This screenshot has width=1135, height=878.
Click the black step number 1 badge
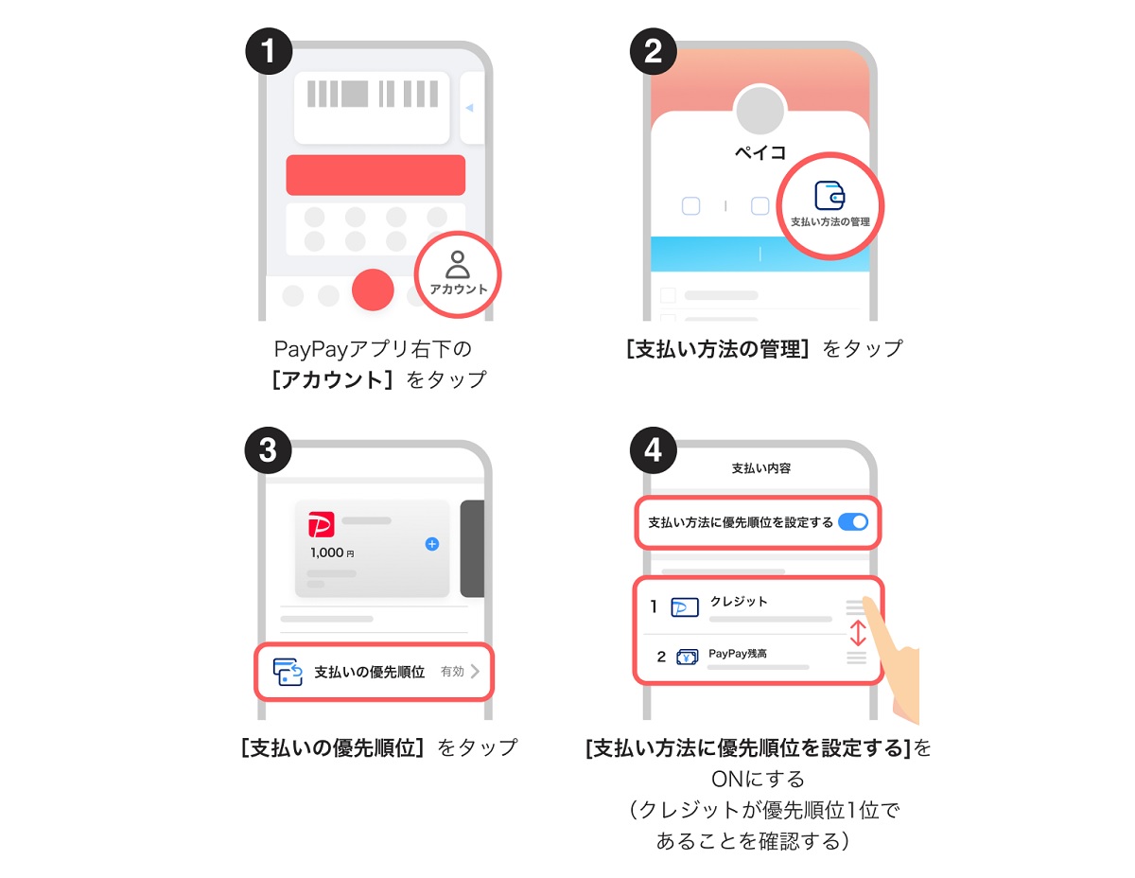269,51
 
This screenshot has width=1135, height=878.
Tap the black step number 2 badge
653,51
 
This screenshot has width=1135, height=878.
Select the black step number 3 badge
268,450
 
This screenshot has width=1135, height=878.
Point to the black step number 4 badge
653,450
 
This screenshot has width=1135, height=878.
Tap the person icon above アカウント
458,265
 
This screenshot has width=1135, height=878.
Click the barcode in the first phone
372,94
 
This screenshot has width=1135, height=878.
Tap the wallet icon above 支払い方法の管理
829,195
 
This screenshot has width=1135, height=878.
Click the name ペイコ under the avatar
760,152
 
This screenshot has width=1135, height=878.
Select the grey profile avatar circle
760,110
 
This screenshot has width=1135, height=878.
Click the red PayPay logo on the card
322,524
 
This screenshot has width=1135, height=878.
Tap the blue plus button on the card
432,544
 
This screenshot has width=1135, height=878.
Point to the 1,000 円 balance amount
332,553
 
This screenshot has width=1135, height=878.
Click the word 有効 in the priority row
452,671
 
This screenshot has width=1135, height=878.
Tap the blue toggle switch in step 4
853,522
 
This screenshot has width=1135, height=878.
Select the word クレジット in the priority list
739,601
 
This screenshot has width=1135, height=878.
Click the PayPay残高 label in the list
738,654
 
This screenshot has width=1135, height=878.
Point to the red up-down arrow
858,633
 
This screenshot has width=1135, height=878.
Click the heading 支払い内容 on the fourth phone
761,468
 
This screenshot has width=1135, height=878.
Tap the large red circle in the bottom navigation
373,290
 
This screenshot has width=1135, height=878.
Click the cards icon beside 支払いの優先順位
288,672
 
